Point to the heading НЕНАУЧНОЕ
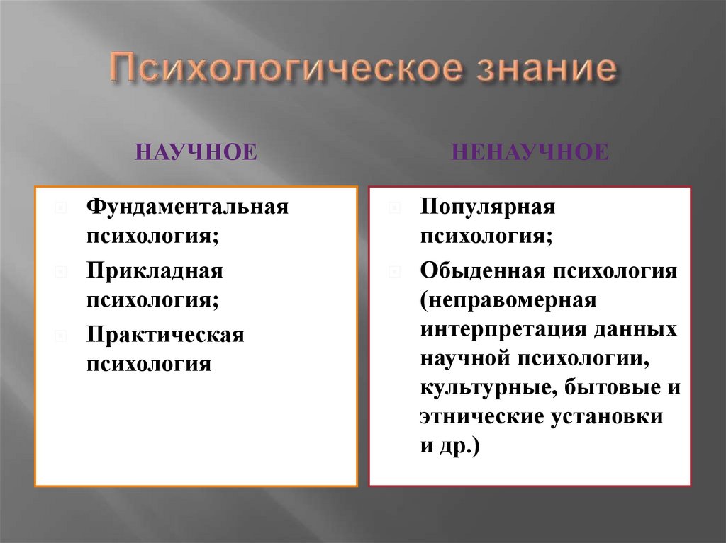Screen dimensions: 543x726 529,152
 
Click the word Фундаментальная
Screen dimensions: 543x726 188,207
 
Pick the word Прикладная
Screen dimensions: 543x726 155,270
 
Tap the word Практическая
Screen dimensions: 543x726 165,334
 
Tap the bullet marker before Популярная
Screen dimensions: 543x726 394,208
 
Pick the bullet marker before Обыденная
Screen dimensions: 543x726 394,271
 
